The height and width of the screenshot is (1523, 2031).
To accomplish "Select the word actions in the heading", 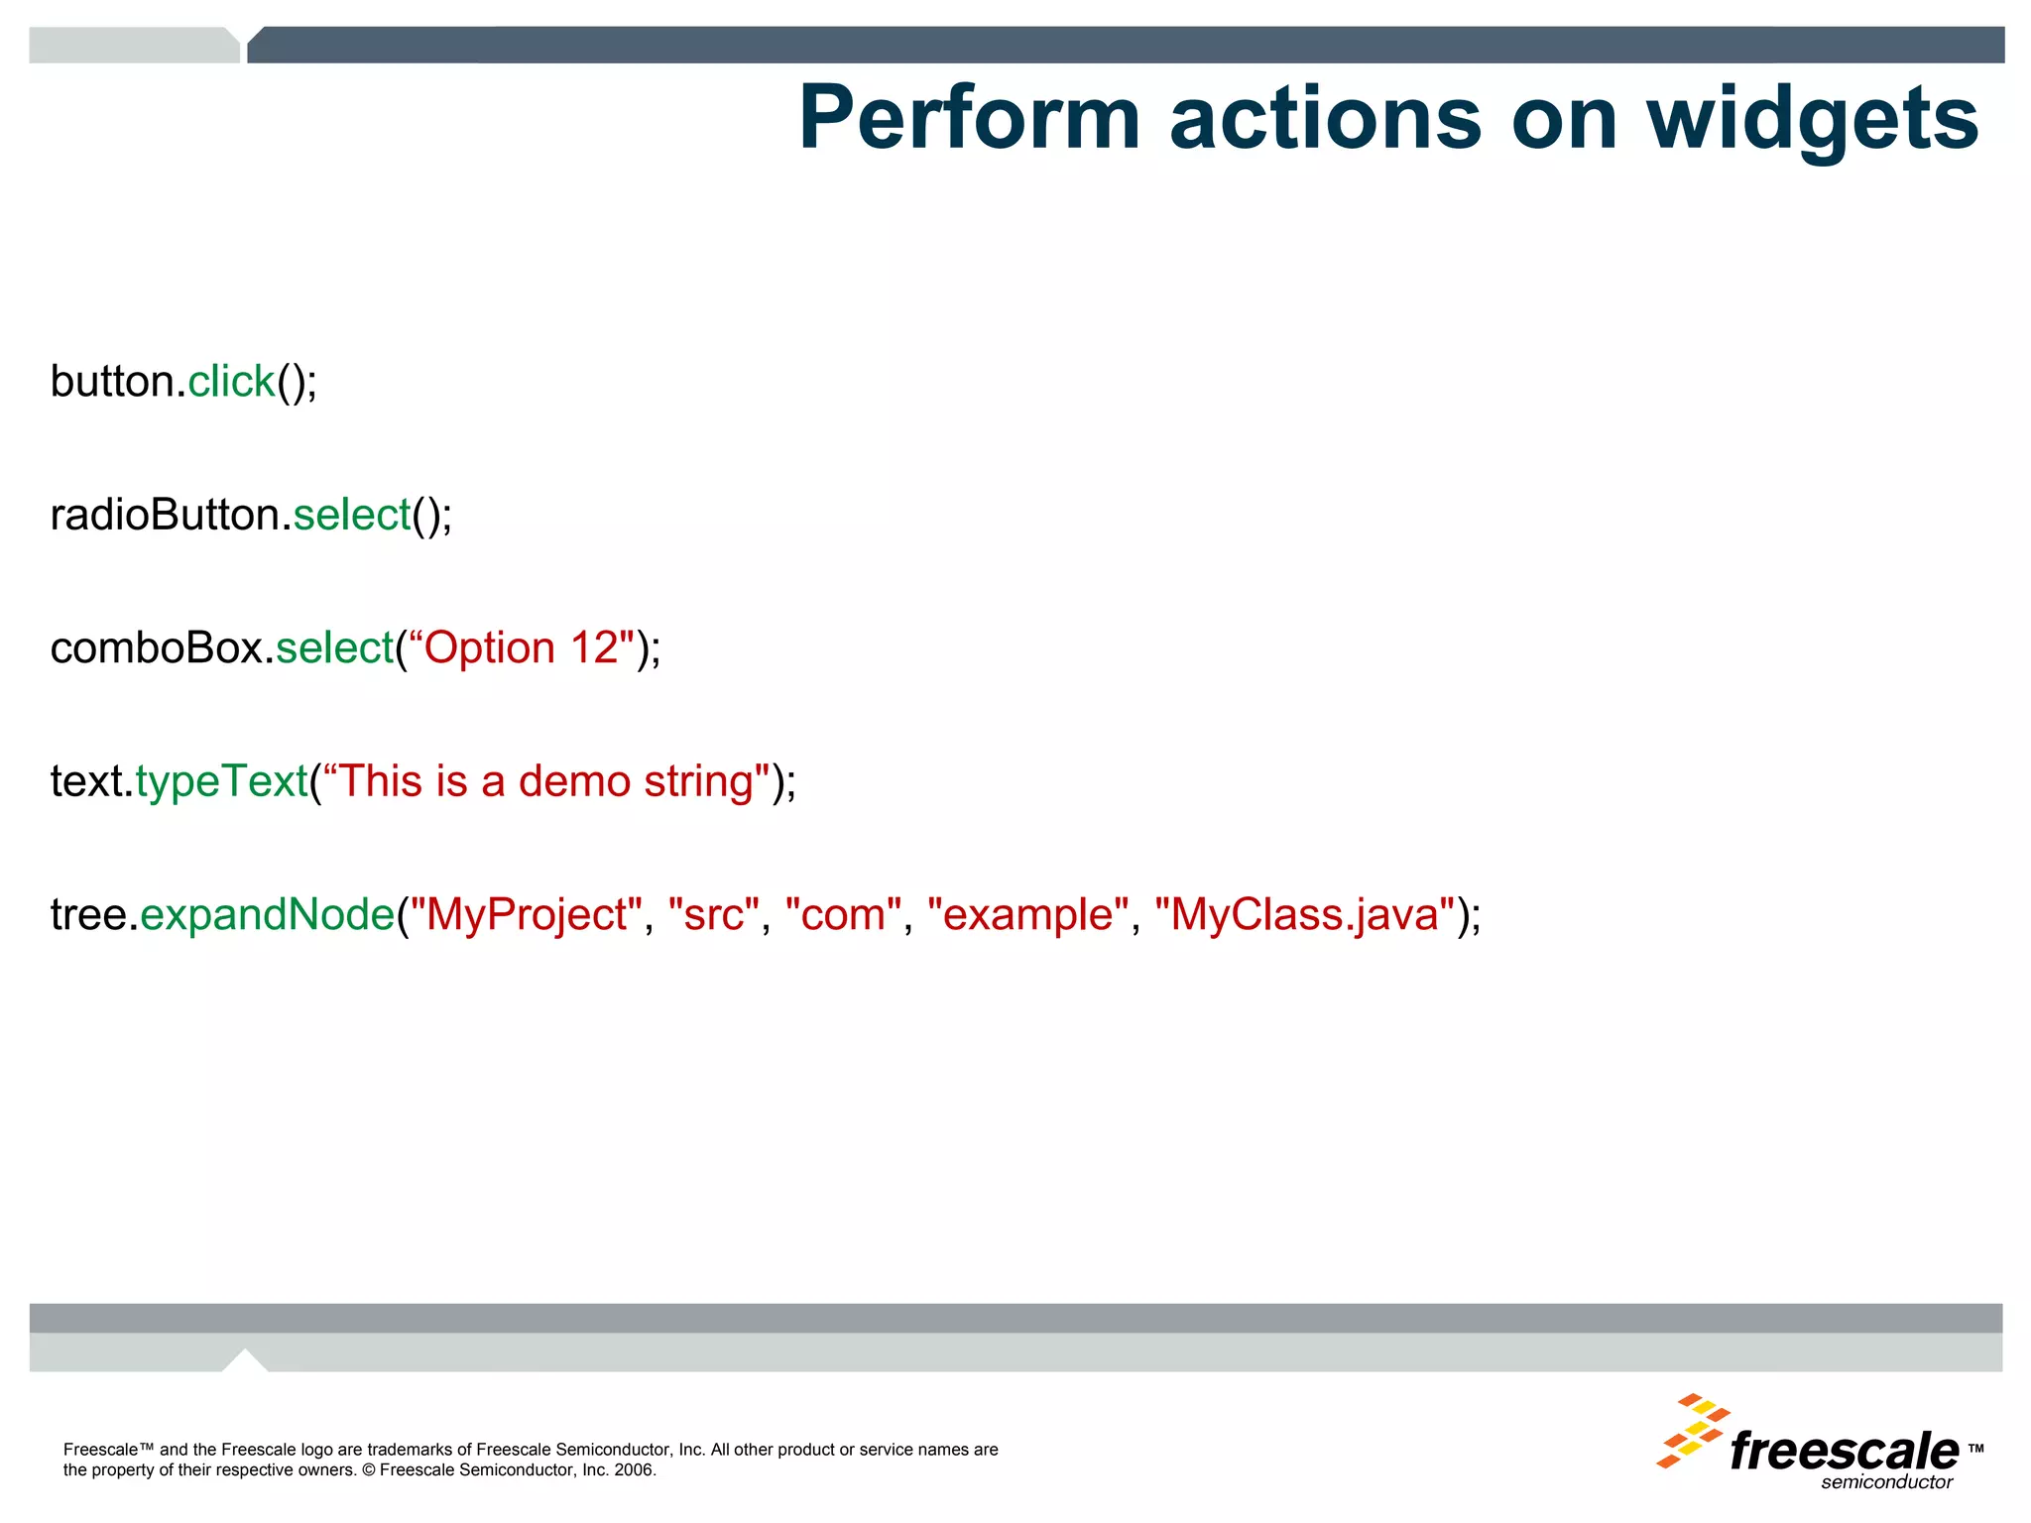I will tap(1325, 119).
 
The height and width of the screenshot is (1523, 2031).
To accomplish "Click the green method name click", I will tap(231, 382).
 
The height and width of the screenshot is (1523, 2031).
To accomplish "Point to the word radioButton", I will tap(169, 515).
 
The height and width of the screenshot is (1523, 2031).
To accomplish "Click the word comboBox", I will tap(157, 648).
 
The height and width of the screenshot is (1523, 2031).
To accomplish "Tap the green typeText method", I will tap(222, 782).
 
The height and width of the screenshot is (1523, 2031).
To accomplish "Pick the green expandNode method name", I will tap(268, 914).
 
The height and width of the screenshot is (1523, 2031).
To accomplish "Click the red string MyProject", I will tap(527, 914).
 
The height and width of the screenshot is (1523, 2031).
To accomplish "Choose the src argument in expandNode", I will tap(714, 914).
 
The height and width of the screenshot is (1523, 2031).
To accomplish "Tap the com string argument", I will tap(843, 914).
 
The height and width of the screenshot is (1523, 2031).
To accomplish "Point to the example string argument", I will tap(1027, 914).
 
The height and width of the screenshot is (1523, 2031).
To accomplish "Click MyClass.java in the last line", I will tap(1304, 914).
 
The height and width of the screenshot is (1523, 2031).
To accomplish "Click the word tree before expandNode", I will tap(88, 914).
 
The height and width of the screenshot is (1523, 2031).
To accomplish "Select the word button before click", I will tap(112, 382).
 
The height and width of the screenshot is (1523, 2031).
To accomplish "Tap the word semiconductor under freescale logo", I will tap(1886, 1482).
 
